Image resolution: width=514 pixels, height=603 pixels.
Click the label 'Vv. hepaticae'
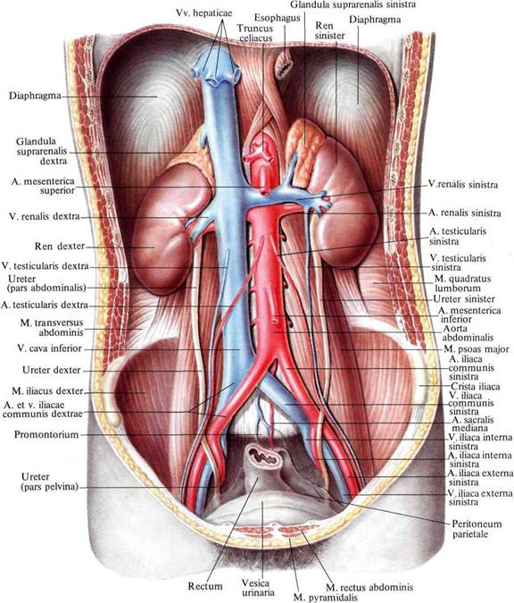point(204,13)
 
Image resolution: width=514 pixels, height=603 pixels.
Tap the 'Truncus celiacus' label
point(254,33)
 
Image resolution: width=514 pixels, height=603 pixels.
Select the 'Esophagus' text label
point(277,18)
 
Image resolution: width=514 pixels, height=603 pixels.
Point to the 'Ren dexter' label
point(60,247)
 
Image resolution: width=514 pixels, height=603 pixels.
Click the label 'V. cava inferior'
point(50,348)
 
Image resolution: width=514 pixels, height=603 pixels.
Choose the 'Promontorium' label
point(46,434)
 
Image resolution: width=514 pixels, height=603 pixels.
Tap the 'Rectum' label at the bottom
point(205,586)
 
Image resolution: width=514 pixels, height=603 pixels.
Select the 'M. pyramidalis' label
point(326,598)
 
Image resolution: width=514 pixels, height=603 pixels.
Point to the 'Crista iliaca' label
point(476,387)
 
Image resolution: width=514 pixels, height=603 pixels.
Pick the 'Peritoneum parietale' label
point(477,529)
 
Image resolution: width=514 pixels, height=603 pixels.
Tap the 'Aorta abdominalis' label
point(468,333)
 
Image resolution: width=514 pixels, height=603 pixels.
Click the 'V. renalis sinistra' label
point(463,185)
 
